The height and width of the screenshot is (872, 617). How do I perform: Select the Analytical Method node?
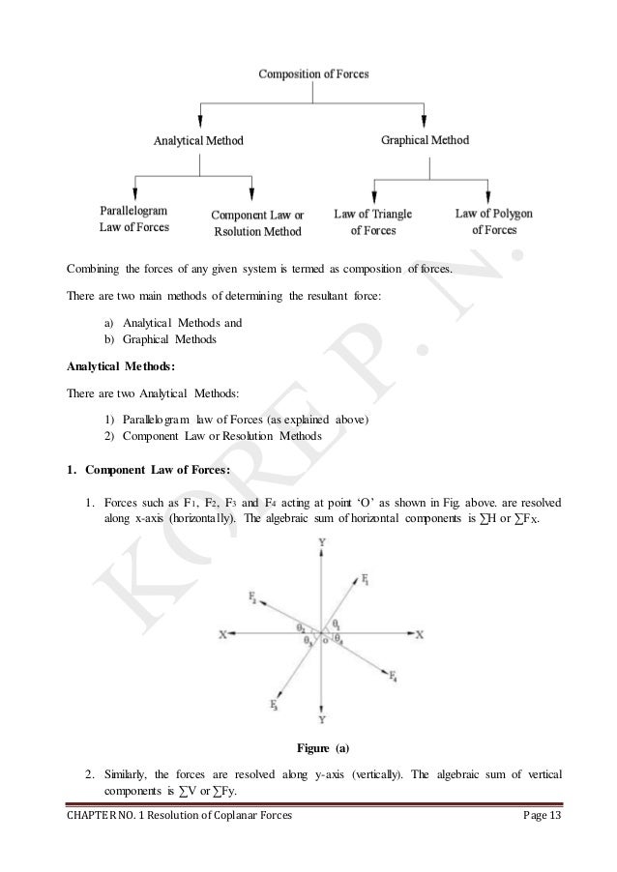pos(199,140)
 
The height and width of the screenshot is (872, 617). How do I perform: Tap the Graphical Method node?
pos(426,140)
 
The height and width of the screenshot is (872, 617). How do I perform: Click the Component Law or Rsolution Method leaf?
pos(256,223)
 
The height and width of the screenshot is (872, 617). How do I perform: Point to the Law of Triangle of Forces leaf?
pos(372,222)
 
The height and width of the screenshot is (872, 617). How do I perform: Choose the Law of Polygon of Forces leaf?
pos(494,221)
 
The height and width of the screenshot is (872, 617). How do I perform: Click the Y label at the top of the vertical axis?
pos(321,545)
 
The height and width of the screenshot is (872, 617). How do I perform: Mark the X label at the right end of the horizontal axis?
pos(419,635)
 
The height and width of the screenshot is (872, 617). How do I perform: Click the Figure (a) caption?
pos(320,747)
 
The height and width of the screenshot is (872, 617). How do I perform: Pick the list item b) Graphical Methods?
pos(161,340)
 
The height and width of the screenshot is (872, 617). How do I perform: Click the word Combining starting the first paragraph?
pos(87,267)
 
